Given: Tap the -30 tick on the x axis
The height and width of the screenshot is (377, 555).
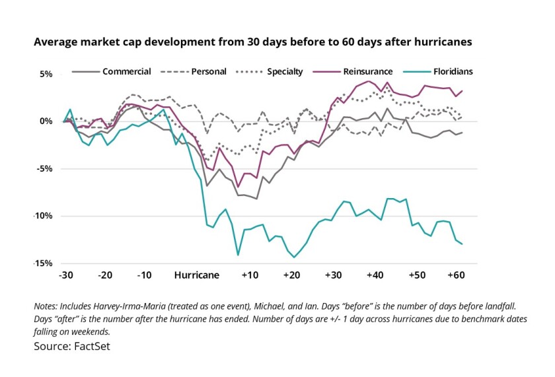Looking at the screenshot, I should (x=65, y=274).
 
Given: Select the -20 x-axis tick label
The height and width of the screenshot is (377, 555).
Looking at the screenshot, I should (x=106, y=274).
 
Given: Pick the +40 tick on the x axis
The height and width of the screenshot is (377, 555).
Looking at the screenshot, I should (x=373, y=274).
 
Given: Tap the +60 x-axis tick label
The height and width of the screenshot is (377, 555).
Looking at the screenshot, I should (x=455, y=274).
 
